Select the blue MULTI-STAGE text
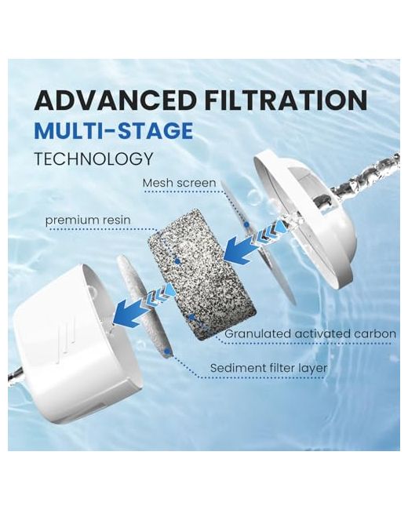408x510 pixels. tap(114, 130)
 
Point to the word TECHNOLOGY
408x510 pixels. tap(93, 158)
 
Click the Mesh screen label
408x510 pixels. tap(179, 183)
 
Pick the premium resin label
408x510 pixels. tap(88, 220)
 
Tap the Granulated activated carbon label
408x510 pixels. tap(311, 333)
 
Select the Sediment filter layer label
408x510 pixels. tap(268, 368)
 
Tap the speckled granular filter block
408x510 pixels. tap(202, 274)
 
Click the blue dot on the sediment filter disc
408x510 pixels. tap(168, 352)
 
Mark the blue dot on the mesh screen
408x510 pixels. tap(247, 224)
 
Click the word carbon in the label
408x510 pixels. tap(375, 333)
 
